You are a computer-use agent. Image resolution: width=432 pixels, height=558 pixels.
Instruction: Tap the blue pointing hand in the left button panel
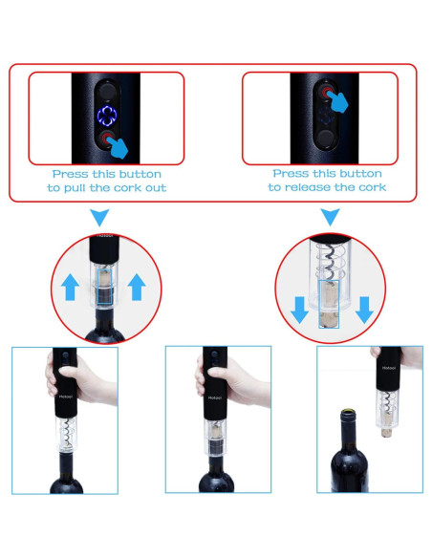click(x=119, y=147)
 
